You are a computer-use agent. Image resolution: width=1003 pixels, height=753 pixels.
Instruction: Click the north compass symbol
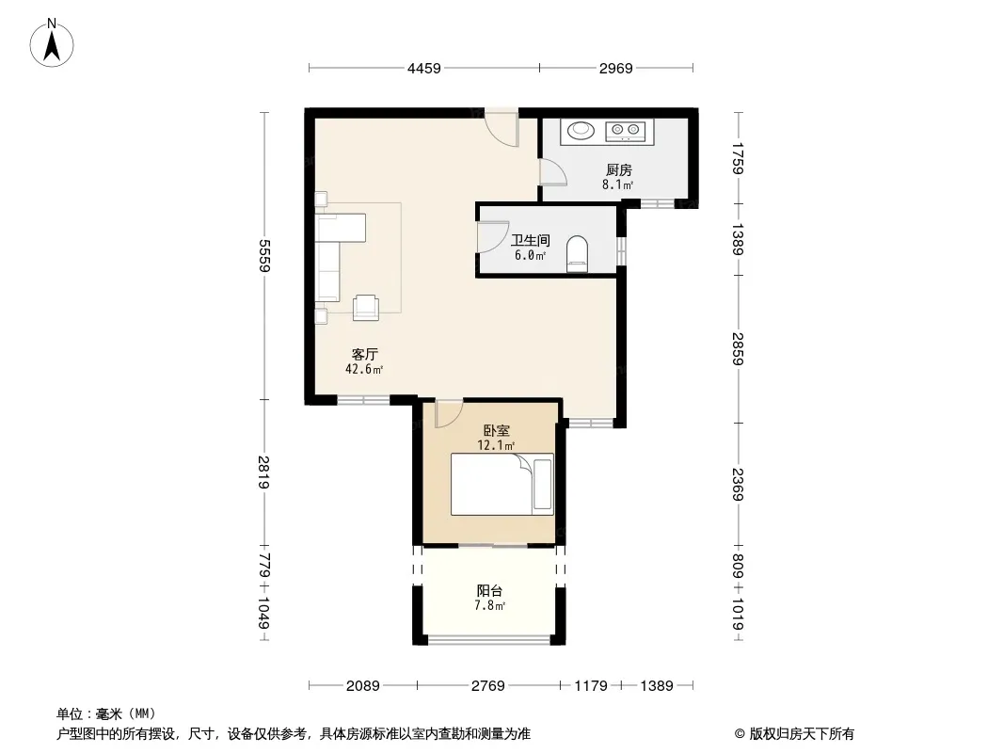pos(55,41)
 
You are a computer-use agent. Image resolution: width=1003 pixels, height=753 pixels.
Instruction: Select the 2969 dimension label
pos(615,68)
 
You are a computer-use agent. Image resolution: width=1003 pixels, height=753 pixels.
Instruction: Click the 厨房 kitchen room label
pos(618,170)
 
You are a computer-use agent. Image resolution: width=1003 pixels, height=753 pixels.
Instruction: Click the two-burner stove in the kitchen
pos(625,130)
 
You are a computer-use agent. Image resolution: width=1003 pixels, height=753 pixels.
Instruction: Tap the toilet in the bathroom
pos(577,253)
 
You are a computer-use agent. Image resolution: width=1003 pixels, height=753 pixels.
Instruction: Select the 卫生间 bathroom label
pos(530,241)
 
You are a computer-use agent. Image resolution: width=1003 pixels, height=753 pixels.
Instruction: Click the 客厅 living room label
pos(365,355)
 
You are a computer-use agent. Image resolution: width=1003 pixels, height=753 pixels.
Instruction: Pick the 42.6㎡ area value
pos(364,370)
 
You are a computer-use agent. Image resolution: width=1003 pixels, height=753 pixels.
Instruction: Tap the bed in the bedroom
pos(501,485)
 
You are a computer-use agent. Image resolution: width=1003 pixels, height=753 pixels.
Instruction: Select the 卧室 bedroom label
pos(497,430)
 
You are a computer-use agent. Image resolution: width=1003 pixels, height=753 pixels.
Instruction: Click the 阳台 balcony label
pos(489,591)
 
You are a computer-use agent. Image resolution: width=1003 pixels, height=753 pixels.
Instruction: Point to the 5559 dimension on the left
pos(264,254)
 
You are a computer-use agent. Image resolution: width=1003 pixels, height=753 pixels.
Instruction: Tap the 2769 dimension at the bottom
pos(489,686)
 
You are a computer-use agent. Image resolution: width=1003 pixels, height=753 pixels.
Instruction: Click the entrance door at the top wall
pos(502,128)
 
